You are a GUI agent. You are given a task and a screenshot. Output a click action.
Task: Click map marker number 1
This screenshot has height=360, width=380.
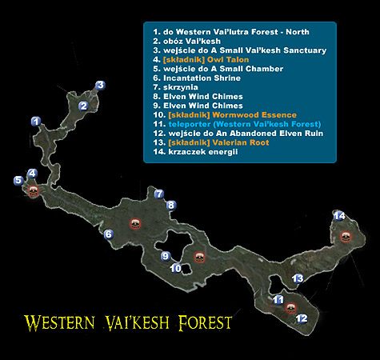[35, 122]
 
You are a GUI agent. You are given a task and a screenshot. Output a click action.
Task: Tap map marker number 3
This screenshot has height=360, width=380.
[100, 85]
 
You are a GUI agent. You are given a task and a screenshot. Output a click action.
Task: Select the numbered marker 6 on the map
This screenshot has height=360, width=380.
[108, 234]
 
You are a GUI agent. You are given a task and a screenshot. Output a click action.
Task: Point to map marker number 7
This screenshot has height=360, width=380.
[159, 194]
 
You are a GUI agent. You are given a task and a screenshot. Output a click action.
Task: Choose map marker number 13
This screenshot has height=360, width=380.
[297, 278]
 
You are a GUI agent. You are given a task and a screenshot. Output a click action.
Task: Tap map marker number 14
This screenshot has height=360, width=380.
[339, 216]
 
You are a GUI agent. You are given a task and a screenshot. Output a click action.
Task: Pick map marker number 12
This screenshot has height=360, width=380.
[302, 318]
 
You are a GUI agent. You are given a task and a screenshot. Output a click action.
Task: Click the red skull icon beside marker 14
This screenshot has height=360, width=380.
[346, 235]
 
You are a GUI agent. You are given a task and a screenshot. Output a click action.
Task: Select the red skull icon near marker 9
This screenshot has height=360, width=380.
[199, 258]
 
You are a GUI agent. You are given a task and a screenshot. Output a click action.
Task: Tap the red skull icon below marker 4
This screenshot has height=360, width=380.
[34, 190]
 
